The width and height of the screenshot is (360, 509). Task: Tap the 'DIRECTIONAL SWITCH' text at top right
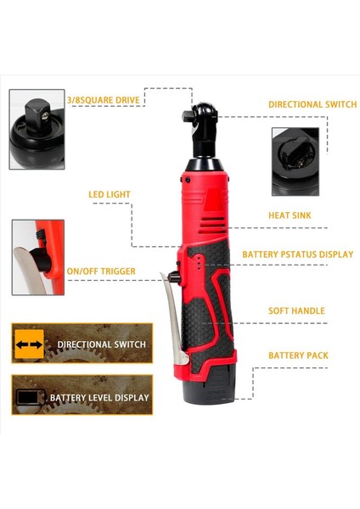tap(312, 104)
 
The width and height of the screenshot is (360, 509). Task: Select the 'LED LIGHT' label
tap(110, 194)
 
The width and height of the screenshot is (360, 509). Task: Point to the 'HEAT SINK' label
tap(290, 215)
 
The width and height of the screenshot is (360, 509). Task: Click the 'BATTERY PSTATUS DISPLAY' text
tap(297, 254)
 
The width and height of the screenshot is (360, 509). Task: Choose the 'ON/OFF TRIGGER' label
tap(101, 271)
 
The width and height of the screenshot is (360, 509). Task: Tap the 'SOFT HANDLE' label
tap(296, 310)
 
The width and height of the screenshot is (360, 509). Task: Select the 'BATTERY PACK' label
tap(298, 355)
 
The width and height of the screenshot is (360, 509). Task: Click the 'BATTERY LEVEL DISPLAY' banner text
tap(99, 397)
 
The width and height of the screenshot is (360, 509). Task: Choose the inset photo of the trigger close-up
tap(38, 257)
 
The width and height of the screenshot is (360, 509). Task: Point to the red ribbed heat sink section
tap(208, 204)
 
